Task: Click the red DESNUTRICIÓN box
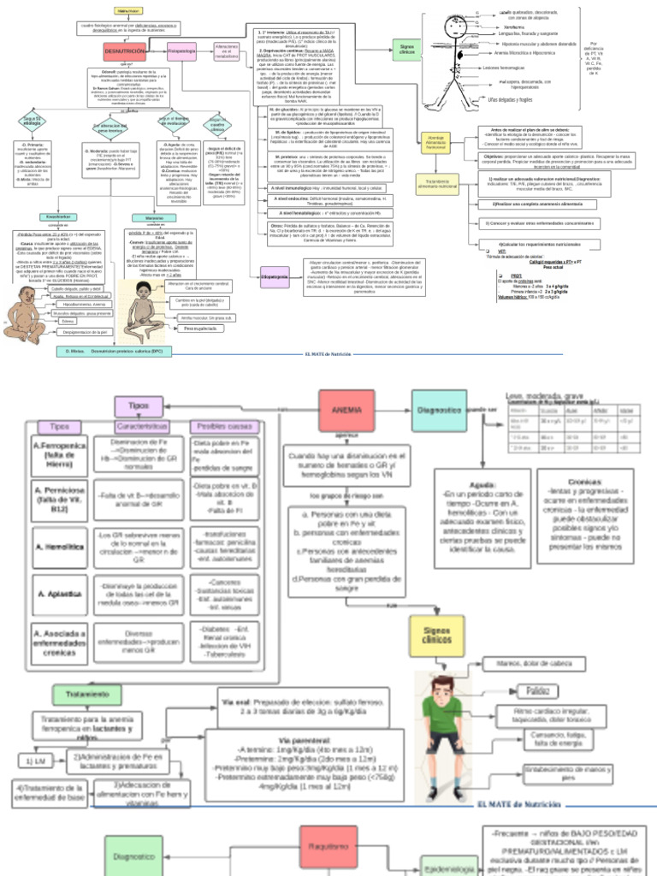click(126, 52)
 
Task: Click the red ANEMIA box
click(349, 410)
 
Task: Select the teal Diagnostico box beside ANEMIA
click(438, 410)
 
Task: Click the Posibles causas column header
click(224, 426)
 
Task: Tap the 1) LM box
click(36, 760)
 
